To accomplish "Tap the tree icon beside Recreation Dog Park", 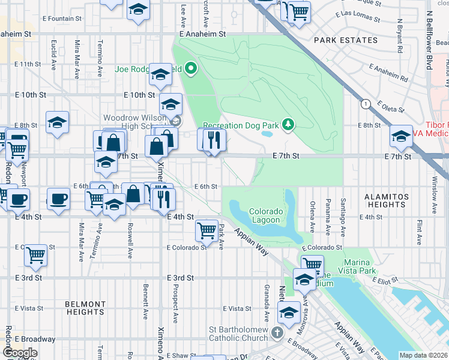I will coord(289,125).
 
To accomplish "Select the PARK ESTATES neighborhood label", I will coord(346,41).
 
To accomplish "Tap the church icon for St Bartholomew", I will coord(276,331).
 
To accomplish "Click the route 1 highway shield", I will coord(365,104).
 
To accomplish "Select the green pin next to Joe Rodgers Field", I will coord(191,69).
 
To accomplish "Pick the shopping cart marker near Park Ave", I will coord(206,229).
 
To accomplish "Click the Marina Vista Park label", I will coord(368,268).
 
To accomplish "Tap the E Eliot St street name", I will coord(387,280).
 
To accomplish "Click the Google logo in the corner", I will coord(20,353).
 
